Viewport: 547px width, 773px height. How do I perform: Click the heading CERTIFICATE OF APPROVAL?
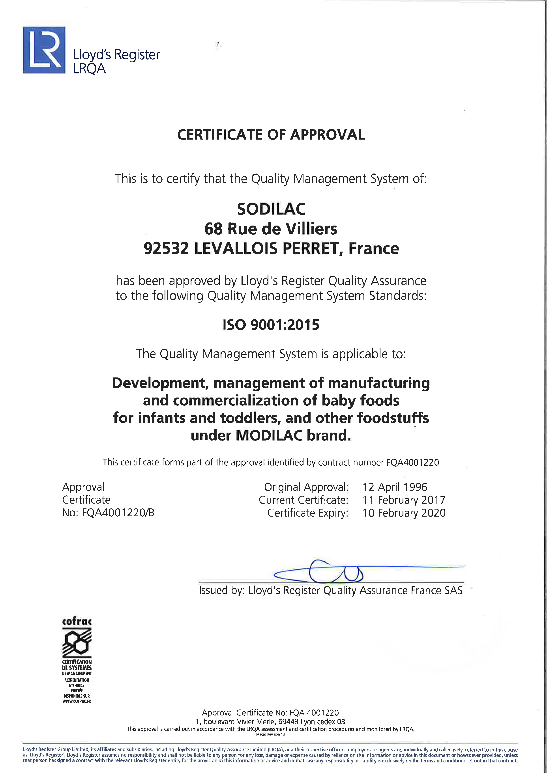(271, 135)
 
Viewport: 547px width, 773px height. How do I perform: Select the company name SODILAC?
(271, 209)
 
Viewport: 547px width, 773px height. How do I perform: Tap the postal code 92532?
(166, 248)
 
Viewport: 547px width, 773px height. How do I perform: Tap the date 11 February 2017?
(404, 500)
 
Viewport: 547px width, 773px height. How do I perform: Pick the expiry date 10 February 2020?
(404, 513)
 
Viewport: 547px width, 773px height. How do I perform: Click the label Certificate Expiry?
(307, 513)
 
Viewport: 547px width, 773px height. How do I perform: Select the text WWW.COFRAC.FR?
(77, 701)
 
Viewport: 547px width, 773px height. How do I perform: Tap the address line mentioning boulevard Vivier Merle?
(270, 721)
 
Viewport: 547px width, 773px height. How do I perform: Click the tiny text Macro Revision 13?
(270, 734)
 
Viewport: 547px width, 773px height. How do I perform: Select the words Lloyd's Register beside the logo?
(116, 54)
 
